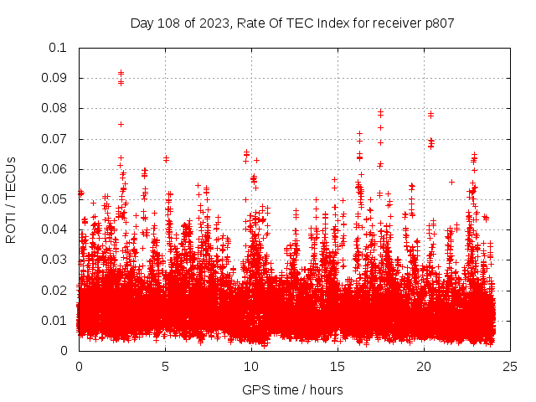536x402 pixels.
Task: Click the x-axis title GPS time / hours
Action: click(292, 389)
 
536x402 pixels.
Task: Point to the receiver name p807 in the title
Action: click(438, 23)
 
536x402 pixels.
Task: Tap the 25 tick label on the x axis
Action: click(509, 366)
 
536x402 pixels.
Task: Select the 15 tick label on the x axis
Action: click(337, 366)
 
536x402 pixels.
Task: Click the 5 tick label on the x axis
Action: click(165, 366)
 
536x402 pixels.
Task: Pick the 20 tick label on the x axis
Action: click(423, 366)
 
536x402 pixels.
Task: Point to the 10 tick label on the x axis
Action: click(250, 366)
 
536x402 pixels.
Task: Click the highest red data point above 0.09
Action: click(121, 73)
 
